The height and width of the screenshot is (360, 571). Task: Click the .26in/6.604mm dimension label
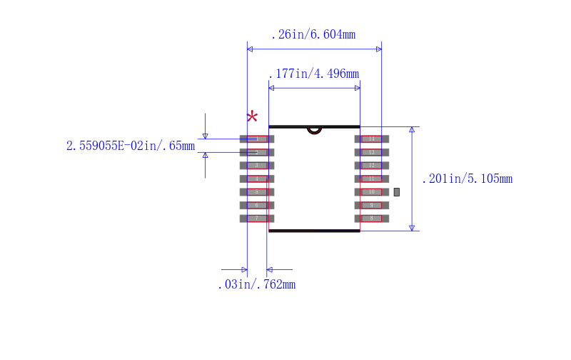313,34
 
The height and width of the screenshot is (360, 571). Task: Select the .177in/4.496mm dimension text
313,74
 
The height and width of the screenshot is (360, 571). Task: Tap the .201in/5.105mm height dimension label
468,179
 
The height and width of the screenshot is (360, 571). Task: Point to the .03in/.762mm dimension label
256,284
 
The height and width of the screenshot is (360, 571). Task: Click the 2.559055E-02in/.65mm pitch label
131,146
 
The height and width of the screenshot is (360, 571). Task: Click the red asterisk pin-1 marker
252,117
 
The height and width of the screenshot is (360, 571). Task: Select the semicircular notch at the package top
314,130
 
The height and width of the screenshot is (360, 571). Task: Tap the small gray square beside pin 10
397,191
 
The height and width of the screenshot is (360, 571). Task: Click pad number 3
257,165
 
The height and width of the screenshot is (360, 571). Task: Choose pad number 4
257,179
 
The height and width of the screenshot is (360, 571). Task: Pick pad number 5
257,191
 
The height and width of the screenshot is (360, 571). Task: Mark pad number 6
257,205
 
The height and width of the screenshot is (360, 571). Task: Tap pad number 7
257,218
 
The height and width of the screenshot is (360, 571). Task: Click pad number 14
371,139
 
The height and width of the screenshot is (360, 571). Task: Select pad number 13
371,152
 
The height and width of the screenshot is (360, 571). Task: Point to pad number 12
371,165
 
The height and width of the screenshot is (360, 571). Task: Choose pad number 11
371,179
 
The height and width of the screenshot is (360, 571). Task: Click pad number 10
371,191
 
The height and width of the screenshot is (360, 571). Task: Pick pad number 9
371,205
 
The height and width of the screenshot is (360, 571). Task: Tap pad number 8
371,218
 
